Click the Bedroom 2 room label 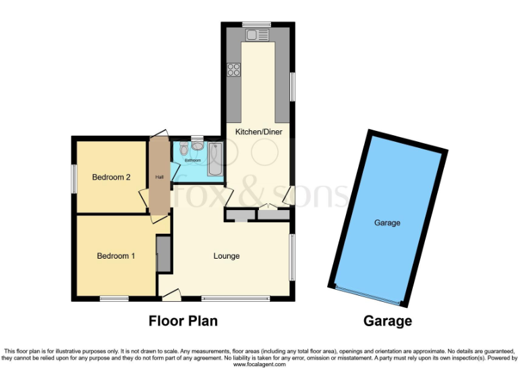pyautogui.click(x=111, y=178)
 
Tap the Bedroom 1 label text pyautogui.click(x=116, y=256)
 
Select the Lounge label pyautogui.click(x=227, y=256)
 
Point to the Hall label pyautogui.click(x=160, y=177)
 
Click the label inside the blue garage pyautogui.click(x=387, y=223)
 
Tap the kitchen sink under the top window pyautogui.click(x=256, y=34)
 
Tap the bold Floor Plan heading pyautogui.click(x=183, y=321)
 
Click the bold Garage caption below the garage pyautogui.click(x=388, y=321)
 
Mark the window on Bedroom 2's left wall pyautogui.click(x=74, y=179)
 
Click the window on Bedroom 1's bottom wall pyautogui.click(x=114, y=299)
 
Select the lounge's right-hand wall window pyautogui.click(x=292, y=256)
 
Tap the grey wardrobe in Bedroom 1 pyautogui.click(x=163, y=254)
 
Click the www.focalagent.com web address pyautogui.click(x=259, y=364)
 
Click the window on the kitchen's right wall pyautogui.click(x=292, y=86)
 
